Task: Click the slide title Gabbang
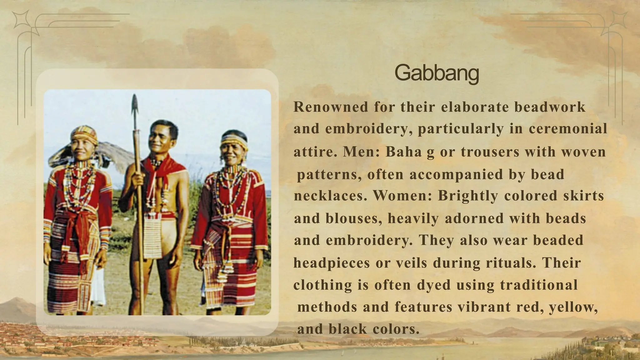coord(437,73)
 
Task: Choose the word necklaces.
coord(330,196)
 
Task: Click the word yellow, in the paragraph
coord(573,307)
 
